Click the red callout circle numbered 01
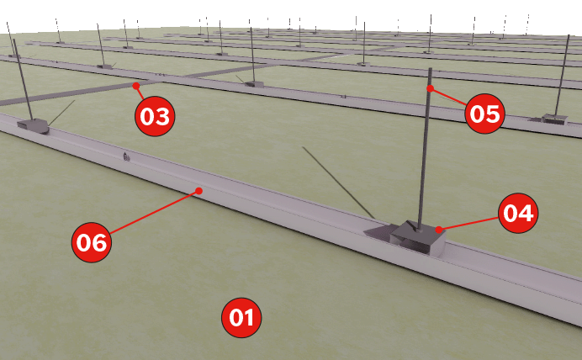tap(241, 318)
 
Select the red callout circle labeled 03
tap(155, 116)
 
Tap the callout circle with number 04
tap(518, 213)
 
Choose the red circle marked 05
tap(484, 114)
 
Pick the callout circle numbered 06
tap(92, 242)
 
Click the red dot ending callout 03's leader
tap(136, 86)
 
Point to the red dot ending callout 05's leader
tap(430, 88)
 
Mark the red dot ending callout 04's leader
tap(439, 230)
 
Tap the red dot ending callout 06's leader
tap(199, 191)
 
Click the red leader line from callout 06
tap(155, 212)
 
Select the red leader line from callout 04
tap(469, 224)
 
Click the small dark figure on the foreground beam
tap(126, 156)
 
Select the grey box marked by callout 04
tap(417, 237)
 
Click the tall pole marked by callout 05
tap(425, 148)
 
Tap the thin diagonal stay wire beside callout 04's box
tap(338, 183)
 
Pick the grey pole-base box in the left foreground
tap(33, 126)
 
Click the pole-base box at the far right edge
tap(554, 119)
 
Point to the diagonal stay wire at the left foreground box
tap(61, 113)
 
